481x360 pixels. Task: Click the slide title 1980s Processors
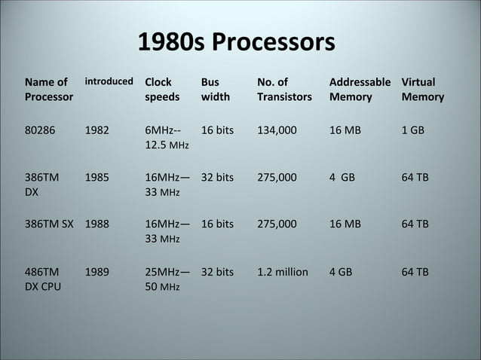[236, 43]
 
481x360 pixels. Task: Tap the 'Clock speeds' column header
[162, 89]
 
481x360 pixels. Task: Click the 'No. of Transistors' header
[283, 89]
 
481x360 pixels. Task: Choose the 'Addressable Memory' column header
[360, 89]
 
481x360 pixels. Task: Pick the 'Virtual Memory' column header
[422, 89]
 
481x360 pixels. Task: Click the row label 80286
[40, 130]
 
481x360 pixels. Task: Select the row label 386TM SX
[49, 224]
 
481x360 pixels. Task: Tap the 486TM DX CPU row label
[43, 279]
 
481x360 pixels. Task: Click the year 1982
[97, 130]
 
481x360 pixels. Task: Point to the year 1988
[97, 224]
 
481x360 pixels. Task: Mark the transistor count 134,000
[276, 130]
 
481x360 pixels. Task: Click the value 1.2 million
[282, 271]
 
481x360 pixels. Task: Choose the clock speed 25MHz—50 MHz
[167, 279]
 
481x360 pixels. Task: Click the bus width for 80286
[217, 130]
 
